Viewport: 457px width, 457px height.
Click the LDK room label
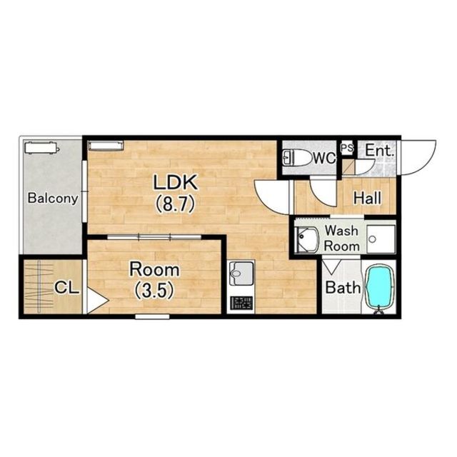click(x=176, y=183)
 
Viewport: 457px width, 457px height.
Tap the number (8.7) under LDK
click(x=175, y=204)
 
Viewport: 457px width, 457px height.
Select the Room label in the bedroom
click(x=154, y=270)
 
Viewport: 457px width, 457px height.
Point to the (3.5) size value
click(x=154, y=290)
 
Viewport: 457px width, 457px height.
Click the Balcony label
click(x=53, y=199)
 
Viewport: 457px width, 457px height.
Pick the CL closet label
click(x=66, y=288)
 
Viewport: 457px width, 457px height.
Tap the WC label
click(x=325, y=158)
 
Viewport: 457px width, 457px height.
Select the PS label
click(x=347, y=148)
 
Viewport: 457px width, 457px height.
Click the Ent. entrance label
click(x=379, y=151)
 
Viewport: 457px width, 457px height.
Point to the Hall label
click(x=367, y=199)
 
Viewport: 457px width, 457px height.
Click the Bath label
click(x=343, y=288)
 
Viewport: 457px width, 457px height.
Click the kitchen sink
click(x=241, y=273)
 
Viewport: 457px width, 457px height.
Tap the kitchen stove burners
click(x=241, y=303)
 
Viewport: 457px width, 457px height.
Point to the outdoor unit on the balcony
click(x=41, y=148)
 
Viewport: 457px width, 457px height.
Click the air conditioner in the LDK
click(x=106, y=146)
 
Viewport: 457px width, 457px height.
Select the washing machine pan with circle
click(x=381, y=239)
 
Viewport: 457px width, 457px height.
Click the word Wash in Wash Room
click(x=341, y=231)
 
